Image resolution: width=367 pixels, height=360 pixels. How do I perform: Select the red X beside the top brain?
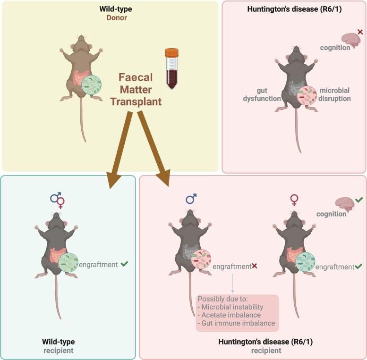coord(360,32)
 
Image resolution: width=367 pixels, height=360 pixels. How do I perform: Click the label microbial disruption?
coord(335,95)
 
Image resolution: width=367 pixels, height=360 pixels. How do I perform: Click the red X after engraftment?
coord(255,267)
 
